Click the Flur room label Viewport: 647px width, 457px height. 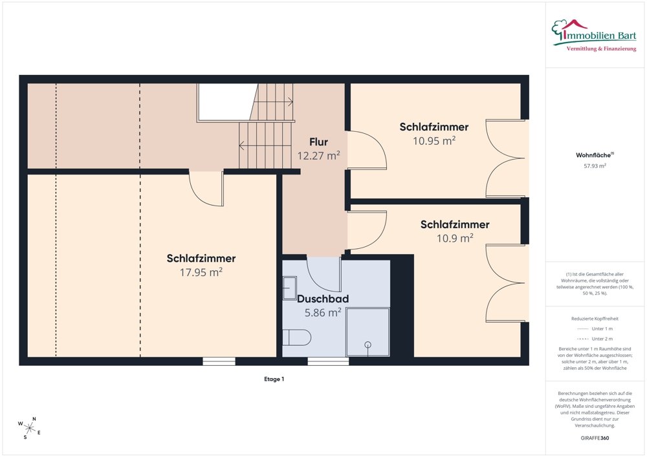[x=318, y=142]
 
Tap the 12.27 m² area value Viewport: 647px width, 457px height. [x=318, y=156]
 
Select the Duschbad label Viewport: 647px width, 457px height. [x=323, y=299]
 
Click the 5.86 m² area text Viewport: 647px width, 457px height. [x=323, y=312]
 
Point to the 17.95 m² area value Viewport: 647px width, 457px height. [x=201, y=272]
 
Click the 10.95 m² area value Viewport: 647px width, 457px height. [x=434, y=140]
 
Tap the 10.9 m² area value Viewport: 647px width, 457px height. [x=455, y=238]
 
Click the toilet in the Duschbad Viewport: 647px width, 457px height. [x=297, y=337]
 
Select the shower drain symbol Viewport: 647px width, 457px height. [x=367, y=345]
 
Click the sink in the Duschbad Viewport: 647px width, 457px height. [x=290, y=288]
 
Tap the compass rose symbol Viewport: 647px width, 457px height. [x=29, y=428]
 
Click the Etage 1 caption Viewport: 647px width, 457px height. [x=274, y=379]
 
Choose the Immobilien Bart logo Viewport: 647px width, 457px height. [x=594, y=35]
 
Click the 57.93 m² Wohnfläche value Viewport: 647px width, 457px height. [x=595, y=166]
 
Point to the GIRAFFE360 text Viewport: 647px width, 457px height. [x=595, y=438]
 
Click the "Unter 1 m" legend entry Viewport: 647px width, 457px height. [x=595, y=329]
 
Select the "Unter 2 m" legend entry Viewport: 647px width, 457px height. [x=595, y=339]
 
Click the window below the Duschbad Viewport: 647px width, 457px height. [x=328, y=361]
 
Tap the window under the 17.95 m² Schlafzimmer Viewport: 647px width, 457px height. [x=219, y=361]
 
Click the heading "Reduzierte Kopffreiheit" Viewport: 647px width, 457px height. [x=595, y=319]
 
